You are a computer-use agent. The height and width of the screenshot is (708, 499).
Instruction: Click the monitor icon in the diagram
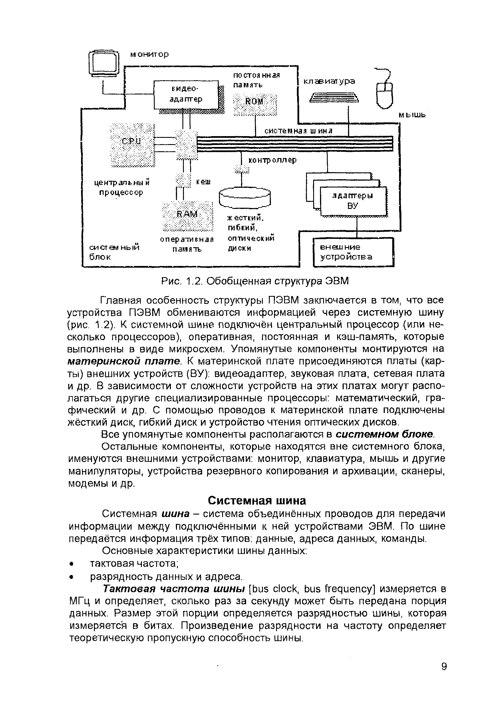(104, 63)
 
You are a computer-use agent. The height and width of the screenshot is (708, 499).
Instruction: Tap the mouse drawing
(385, 94)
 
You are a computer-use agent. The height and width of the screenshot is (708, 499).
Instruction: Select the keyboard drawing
(334, 98)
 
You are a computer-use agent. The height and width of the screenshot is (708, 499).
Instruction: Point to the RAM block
(188, 216)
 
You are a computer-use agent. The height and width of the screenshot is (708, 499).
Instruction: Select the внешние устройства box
(353, 252)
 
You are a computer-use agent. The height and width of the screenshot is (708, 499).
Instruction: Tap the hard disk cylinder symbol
(244, 198)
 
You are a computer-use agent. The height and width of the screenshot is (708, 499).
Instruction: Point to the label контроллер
(272, 160)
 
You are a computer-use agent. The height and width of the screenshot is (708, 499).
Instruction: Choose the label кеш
(204, 181)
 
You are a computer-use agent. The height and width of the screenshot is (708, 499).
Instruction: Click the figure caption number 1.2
(194, 281)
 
